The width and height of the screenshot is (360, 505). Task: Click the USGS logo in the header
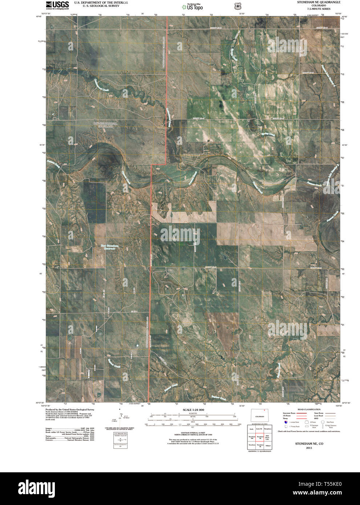[57, 5]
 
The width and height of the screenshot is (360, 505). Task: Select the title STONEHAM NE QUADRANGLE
[314, 2]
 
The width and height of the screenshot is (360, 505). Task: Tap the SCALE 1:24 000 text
[194, 410]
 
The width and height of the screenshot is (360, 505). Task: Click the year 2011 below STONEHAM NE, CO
[309, 448]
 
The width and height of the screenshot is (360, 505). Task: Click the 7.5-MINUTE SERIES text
[314, 8]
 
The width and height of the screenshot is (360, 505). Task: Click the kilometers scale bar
[194, 414]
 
